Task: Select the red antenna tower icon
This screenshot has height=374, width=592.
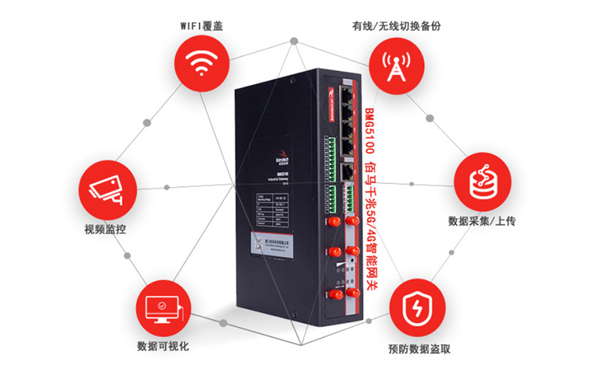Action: click(391, 64)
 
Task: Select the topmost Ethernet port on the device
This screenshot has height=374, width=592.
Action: click(346, 94)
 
